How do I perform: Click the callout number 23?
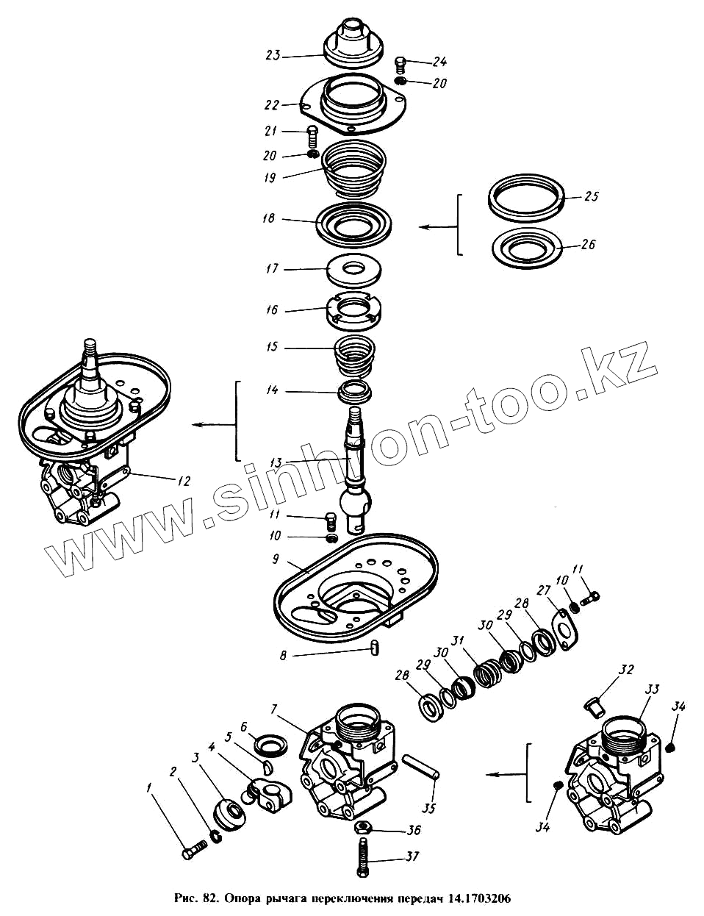(273, 55)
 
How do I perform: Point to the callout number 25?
(591, 197)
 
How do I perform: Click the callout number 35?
(430, 808)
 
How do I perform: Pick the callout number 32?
(625, 670)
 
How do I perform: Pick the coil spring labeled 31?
(485, 673)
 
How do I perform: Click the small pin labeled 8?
(375, 647)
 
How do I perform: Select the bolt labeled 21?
(312, 135)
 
